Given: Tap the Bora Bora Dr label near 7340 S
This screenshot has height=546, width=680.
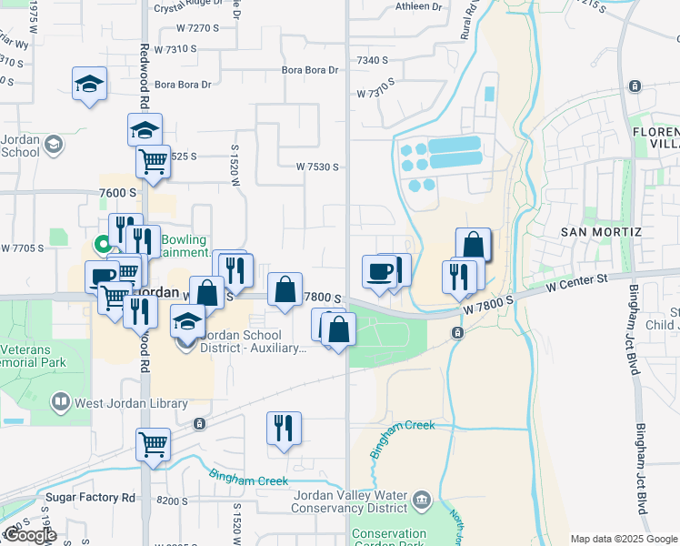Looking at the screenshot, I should coord(309,69).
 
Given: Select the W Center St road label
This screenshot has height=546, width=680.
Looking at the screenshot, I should coord(576,284).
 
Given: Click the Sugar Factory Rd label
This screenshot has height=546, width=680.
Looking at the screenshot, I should coord(91,498).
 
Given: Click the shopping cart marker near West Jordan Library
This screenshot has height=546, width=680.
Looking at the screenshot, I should coord(153,445).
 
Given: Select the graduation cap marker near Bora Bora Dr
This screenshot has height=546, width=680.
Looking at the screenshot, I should coord(89,84).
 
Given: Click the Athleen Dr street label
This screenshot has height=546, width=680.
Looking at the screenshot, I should coord(418,6).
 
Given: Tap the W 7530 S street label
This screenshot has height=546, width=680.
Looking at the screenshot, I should coord(317,167).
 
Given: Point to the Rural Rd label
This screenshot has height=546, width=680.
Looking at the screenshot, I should coord(470,19).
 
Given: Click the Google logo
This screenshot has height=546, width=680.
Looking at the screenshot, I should coord(30,535).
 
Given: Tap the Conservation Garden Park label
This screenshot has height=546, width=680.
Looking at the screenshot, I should coord(389,540).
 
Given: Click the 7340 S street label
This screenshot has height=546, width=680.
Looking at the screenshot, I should coord(373,60).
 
